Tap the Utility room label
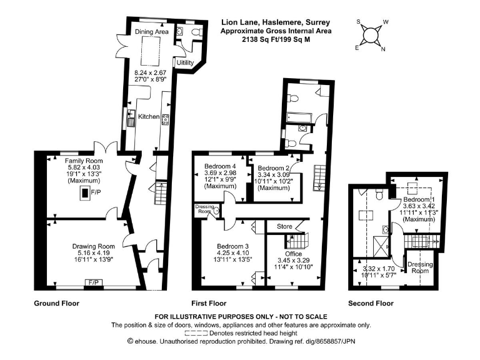pyautogui.click(x=185, y=63)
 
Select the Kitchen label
pyautogui.click(x=149, y=116)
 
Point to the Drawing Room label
pyautogui.click(x=93, y=246)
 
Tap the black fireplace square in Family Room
pyautogui.click(x=83, y=194)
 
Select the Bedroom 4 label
pyautogui.click(x=220, y=166)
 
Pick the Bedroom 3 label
pyautogui.click(x=234, y=246)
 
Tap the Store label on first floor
pyautogui.click(x=275, y=226)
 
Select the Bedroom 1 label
pyautogui.click(x=418, y=199)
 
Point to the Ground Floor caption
pyautogui.click(x=56, y=303)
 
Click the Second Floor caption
pyautogui.click(x=371, y=303)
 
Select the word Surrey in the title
pyautogui.click(x=311, y=21)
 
